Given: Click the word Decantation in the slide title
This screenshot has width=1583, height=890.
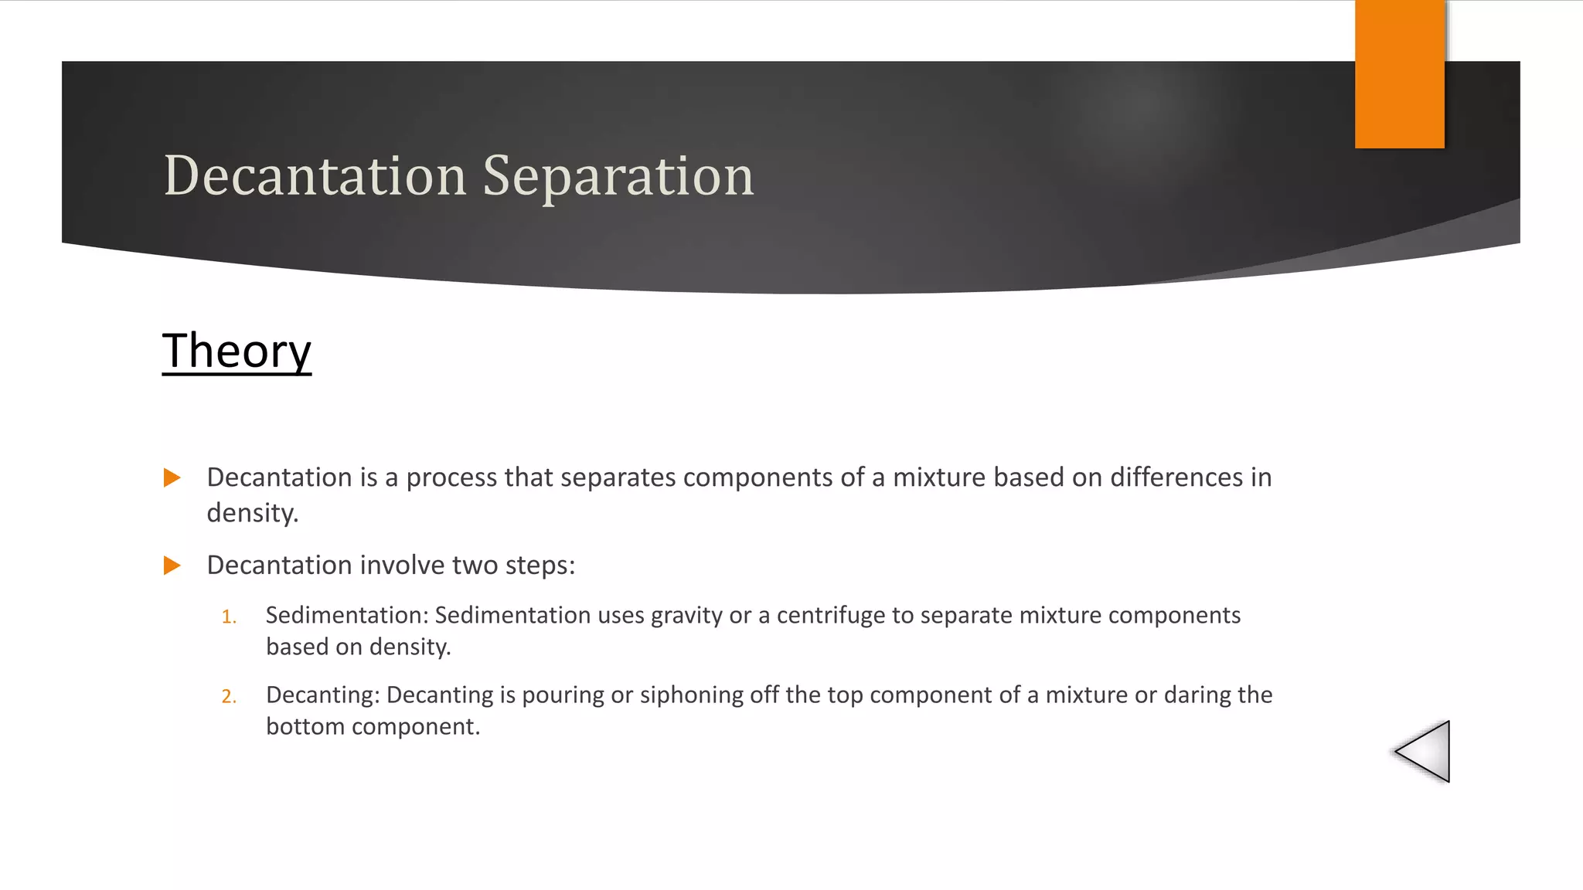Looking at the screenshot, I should point(315,176).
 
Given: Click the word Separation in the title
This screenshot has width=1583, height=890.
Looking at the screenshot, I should point(618,176).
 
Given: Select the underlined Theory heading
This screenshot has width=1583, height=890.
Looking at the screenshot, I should point(237,352).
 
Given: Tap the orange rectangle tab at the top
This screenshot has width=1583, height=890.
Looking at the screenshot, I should point(1399,74).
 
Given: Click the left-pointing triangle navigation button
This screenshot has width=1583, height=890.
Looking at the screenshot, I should point(1425,751).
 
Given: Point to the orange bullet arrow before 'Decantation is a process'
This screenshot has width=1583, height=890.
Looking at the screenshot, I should point(172,477).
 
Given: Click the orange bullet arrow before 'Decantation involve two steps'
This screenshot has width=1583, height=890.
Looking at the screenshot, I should point(172,566).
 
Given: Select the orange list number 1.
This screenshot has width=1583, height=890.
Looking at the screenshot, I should point(228,617).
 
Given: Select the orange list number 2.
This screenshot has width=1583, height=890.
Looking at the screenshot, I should point(228,697).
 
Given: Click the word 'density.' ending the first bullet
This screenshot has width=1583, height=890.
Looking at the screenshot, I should point(252,513).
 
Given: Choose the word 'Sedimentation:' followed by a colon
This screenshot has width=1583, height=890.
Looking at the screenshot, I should point(346,615).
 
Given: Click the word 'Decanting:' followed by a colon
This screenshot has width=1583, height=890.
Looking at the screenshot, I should point(322,695).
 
